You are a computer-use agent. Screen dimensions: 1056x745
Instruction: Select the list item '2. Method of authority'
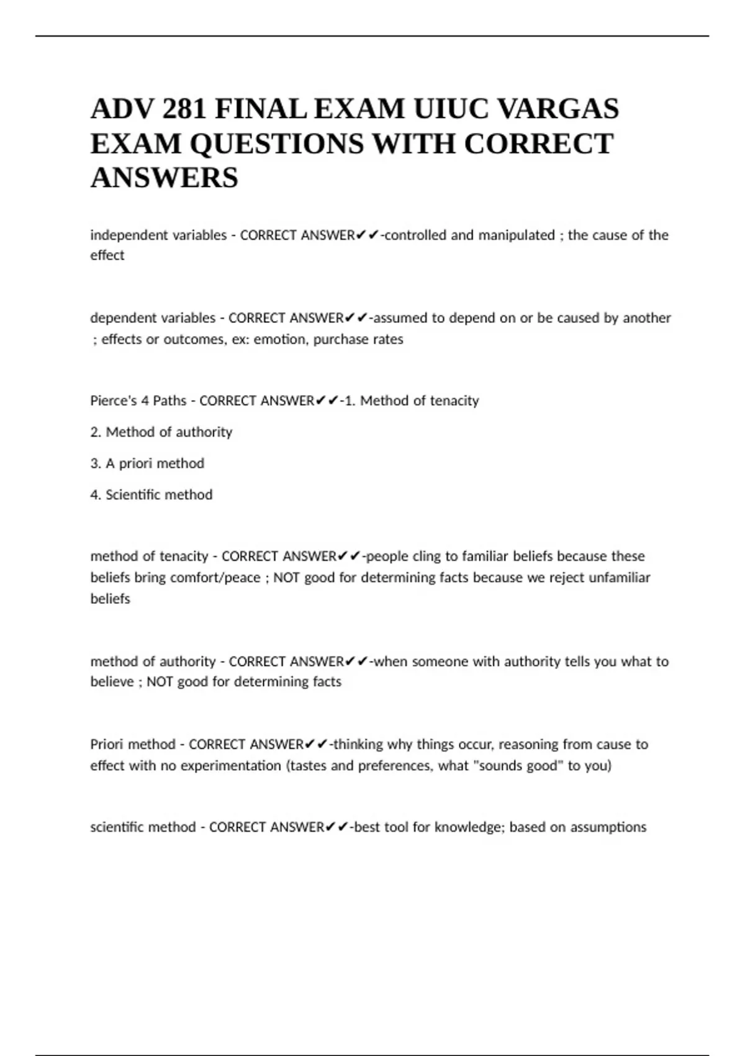[161, 432]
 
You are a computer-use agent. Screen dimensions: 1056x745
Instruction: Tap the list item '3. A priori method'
[147, 463]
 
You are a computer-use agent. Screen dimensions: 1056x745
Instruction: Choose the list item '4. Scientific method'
[151, 495]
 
